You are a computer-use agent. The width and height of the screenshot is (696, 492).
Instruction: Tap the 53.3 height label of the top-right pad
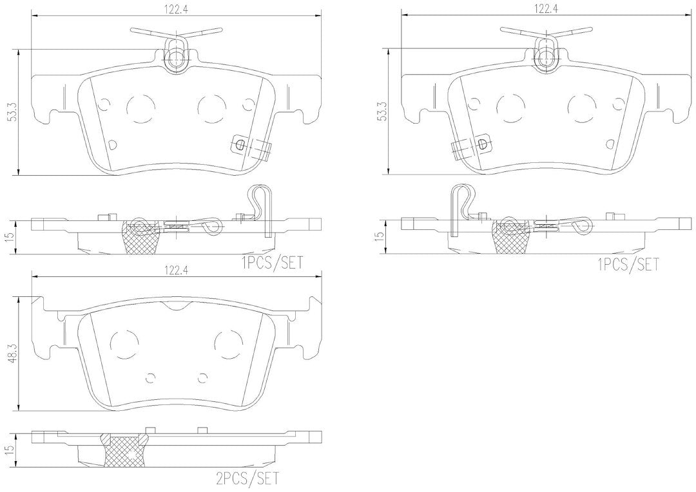tap(383, 112)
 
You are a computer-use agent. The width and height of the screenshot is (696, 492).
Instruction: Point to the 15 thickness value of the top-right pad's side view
tap(383, 236)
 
